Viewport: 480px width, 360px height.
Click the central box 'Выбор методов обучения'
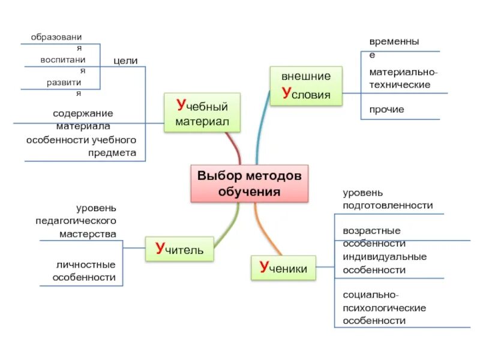[249, 183]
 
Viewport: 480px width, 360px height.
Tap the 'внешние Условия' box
[306, 86]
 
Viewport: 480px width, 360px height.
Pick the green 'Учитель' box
[179, 249]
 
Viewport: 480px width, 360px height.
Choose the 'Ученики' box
[283, 268]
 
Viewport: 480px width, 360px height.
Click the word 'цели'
[125, 61]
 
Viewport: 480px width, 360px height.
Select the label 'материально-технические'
[399, 78]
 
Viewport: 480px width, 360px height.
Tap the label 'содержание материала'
[83, 119]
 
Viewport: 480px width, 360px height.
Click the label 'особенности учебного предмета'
[82, 146]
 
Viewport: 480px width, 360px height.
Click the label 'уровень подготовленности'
[387, 199]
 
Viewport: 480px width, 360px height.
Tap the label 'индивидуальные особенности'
[384, 263]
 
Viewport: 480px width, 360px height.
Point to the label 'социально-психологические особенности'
[384, 307]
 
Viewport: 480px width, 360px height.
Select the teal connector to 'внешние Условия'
[260, 132]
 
